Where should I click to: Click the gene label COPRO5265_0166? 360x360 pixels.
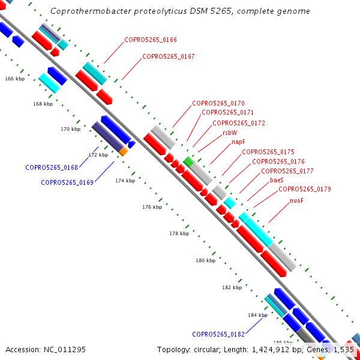click(151, 40)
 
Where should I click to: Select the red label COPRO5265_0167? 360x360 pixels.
click(169, 56)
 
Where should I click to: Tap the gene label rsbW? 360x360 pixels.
click(230, 133)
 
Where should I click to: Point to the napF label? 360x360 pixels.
click(239, 142)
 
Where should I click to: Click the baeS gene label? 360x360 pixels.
click(277, 180)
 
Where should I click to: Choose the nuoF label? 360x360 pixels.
click(296, 200)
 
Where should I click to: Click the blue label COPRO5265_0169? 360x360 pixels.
click(67, 182)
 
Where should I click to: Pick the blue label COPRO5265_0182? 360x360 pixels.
click(218, 334)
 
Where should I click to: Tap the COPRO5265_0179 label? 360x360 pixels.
click(305, 190)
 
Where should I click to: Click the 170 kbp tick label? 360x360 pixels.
click(70, 129)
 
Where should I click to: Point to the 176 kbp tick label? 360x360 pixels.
click(152, 207)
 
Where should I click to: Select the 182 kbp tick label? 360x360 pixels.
click(232, 287)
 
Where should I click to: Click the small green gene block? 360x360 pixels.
click(189, 161)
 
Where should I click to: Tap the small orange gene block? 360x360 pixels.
click(123, 152)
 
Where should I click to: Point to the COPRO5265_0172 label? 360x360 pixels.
click(239, 123)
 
